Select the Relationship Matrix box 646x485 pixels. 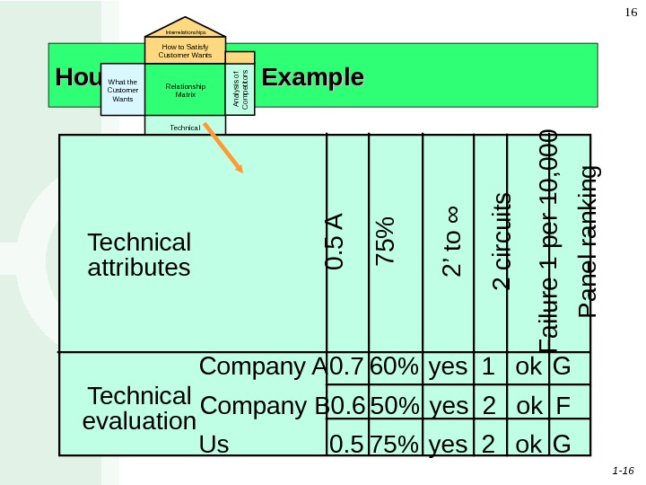pyautogui.click(x=186, y=90)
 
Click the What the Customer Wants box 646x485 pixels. pyautogui.click(x=122, y=90)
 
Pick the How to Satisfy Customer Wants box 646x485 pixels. pyautogui.click(x=185, y=50)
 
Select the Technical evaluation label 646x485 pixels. pyautogui.click(x=139, y=409)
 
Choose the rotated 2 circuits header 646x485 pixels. pyautogui.click(x=502, y=241)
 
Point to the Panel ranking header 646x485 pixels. pyautogui.click(x=589, y=241)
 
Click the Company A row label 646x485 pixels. pyautogui.click(x=262, y=367)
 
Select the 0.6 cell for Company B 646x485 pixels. pyautogui.click(x=348, y=406)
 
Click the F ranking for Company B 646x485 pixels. pyautogui.click(x=563, y=406)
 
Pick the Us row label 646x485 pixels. pyautogui.click(x=214, y=444)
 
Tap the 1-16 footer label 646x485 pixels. pyautogui.click(x=623, y=470)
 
